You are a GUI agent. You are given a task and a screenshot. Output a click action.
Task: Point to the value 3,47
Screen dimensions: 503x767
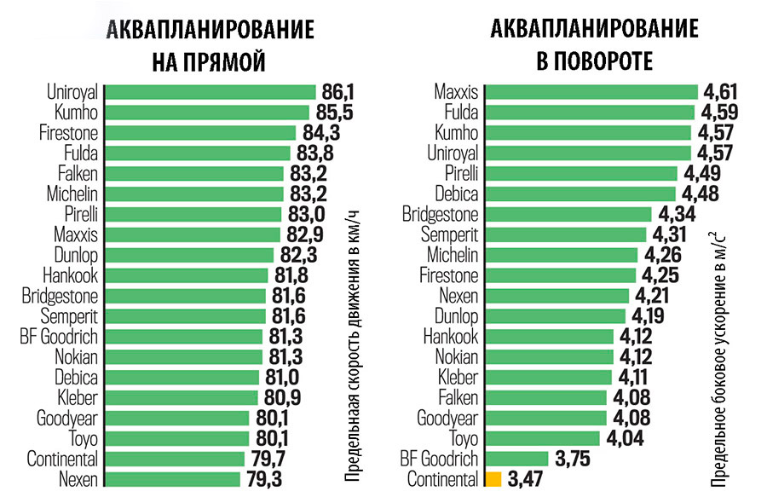click(527, 479)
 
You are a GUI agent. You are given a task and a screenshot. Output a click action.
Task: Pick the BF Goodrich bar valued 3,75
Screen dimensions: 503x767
click(516, 459)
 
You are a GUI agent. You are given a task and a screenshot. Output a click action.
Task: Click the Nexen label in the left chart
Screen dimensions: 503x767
click(78, 479)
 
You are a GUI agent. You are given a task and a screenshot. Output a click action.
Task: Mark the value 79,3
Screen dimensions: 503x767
click(263, 479)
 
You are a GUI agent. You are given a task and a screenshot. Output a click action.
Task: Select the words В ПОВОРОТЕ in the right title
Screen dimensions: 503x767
click(594, 62)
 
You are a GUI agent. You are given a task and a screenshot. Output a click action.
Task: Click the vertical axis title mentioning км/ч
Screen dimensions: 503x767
click(352, 346)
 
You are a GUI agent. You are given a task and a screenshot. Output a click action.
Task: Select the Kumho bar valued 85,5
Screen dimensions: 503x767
click(207, 113)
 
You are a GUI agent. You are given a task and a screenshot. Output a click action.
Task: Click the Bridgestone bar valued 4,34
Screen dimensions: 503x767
click(566, 214)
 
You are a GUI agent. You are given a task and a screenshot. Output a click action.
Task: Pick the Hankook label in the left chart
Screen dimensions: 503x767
click(70, 275)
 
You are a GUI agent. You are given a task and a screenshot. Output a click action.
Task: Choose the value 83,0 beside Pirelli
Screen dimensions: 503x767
click(303, 214)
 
